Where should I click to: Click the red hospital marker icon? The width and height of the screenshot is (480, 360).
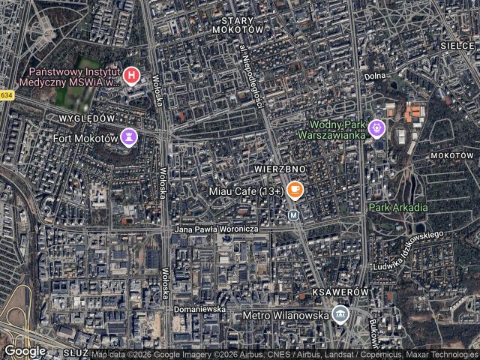pyautogui.click(x=131, y=75)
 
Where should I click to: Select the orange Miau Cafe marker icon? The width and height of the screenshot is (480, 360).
pyautogui.click(x=295, y=190)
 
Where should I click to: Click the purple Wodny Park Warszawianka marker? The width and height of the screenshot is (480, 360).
pyautogui.click(x=376, y=129)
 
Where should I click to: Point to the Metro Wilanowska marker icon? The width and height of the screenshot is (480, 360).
pyautogui.click(x=340, y=315)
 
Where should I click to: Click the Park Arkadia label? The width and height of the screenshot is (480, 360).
pyautogui.click(x=398, y=207)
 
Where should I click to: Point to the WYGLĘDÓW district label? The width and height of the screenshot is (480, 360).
pyautogui.click(x=86, y=118)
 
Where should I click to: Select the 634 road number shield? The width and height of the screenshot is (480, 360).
pyautogui.click(x=7, y=95)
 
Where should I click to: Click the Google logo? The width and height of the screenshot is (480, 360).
pyautogui.click(x=24, y=350)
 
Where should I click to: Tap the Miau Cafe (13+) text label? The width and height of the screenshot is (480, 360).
pyautogui.click(x=248, y=192)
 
